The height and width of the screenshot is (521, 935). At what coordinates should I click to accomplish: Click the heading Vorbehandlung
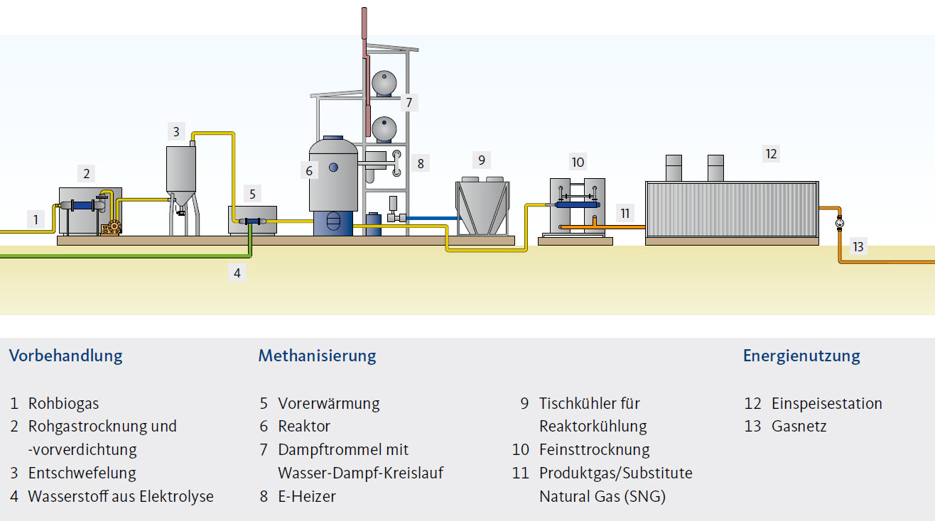coord(65,356)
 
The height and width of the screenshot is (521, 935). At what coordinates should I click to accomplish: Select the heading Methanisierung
coord(317,356)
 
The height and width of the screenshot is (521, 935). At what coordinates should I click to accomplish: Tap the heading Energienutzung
coord(801,356)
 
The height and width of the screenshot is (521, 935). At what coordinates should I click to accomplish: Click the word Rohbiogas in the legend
coord(63,404)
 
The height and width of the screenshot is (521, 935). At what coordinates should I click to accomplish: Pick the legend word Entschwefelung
coord(82,473)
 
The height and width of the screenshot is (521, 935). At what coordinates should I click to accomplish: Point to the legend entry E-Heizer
coord(307,496)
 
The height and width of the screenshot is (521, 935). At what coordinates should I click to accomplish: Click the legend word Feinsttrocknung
coord(594,450)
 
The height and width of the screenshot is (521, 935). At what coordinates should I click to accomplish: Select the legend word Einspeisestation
coord(826,404)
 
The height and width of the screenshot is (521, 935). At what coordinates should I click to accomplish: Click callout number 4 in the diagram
coord(237,272)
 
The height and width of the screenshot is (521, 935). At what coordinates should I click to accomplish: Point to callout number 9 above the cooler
coord(481,160)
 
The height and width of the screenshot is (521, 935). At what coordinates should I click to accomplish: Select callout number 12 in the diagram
coord(771,153)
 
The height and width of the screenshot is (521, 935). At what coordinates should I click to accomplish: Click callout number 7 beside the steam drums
coord(409,102)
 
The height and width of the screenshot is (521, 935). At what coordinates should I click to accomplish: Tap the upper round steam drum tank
coord(384,83)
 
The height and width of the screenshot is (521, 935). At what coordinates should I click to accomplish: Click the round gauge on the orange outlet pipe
coord(840,223)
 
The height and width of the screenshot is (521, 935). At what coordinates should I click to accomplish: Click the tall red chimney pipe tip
coord(364,14)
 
